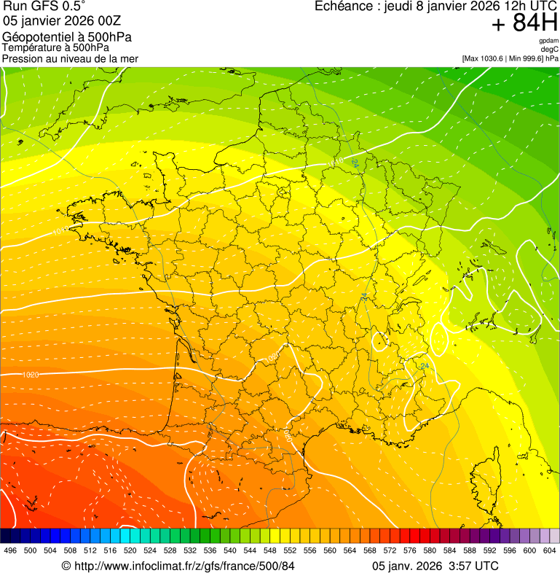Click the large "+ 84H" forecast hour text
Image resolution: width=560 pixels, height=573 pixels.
tap(524, 23)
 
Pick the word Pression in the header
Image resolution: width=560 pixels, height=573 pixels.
tap(23, 58)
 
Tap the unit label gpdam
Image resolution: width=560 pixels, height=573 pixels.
tap(548, 41)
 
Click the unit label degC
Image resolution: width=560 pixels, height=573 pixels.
tap(550, 50)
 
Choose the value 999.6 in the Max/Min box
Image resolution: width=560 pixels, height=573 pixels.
tap(532, 58)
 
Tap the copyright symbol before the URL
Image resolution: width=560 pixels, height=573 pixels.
tap(66, 566)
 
